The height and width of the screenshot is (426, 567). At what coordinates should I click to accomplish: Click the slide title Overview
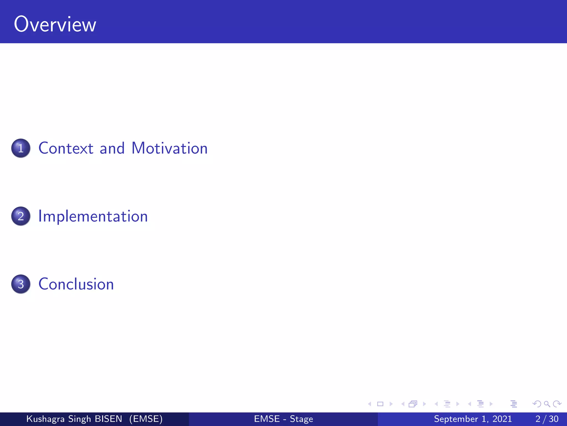(x=55, y=24)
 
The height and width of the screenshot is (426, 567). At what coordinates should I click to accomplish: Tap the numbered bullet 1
(x=21, y=148)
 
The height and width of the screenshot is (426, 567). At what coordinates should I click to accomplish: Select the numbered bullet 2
(x=21, y=216)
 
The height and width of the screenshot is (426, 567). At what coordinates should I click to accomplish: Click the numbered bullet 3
(x=21, y=284)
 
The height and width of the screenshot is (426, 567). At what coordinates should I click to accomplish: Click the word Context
(x=66, y=148)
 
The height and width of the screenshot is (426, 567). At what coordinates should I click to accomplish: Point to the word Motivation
(x=169, y=148)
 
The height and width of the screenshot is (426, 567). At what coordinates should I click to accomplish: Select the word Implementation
(x=93, y=216)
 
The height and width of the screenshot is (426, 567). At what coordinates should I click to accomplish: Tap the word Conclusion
(x=76, y=284)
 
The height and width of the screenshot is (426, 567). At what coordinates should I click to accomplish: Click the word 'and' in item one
(x=112, y=148)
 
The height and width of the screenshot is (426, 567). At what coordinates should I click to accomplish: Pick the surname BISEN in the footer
(x=108, y=419)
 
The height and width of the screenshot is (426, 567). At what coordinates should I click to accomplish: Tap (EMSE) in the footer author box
(x=146, y=419)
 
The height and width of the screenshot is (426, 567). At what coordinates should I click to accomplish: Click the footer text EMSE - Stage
(x=283, y=419)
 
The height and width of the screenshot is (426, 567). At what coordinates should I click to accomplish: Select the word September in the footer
(x=456, y=419)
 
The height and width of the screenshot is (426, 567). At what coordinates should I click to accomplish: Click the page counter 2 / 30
(x=547, y=419)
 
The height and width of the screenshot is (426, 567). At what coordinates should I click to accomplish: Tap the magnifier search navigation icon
(x=547, y=404)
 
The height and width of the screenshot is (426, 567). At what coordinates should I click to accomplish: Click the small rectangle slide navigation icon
(x=380, y=404)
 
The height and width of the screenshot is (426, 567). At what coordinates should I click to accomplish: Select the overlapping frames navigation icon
(x=413, y=404)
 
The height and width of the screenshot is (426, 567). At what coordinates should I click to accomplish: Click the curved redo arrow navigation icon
(x=557, y=404)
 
